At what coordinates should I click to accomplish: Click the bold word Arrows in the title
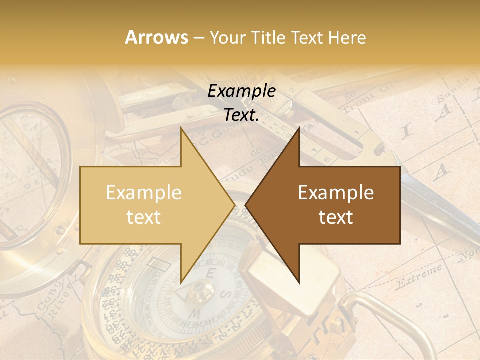tap(157, 37)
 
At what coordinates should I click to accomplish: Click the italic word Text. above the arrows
tap(241, 115)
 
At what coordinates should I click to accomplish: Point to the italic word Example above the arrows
tap(241, 91)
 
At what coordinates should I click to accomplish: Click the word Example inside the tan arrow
tap(143, 193)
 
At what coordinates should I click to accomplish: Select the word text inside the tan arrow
tap(143, 217)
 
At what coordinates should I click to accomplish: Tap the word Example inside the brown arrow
tap(336, 193)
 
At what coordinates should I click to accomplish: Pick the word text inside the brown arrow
tap(336, 217)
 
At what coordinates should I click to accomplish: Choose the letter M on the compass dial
tap(196, 314)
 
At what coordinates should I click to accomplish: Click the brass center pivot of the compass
tap(202, 289)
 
